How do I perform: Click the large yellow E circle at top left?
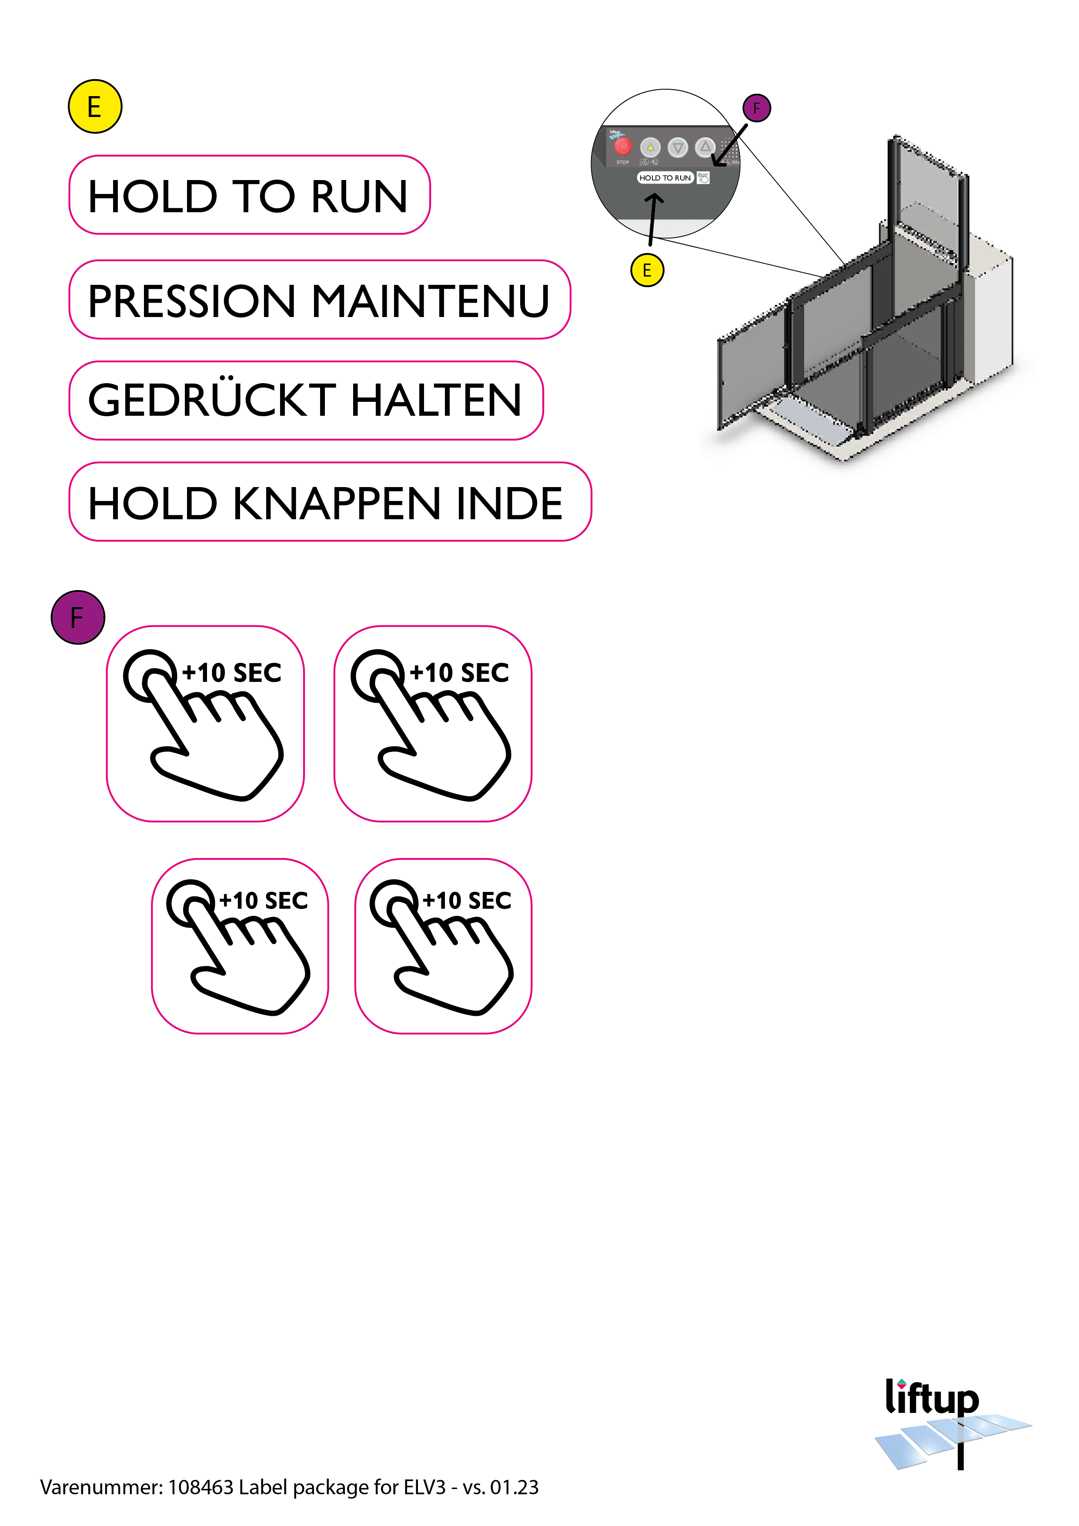click(x=95, y=107)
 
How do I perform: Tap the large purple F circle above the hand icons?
click(x=78, y=618)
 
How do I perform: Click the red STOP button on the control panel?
click(x=622, y=146)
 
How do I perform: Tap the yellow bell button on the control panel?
click(x=650, y=147)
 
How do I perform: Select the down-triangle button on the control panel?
click(x=678, y=147)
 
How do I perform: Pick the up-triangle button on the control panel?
click(x=705, y=146)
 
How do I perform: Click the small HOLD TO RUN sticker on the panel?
click(x=665, y=177)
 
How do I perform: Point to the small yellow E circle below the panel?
click(x=647, y=270)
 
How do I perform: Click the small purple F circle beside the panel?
click(x=757, y=108)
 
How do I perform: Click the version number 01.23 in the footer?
click(x=514, y=1487)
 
